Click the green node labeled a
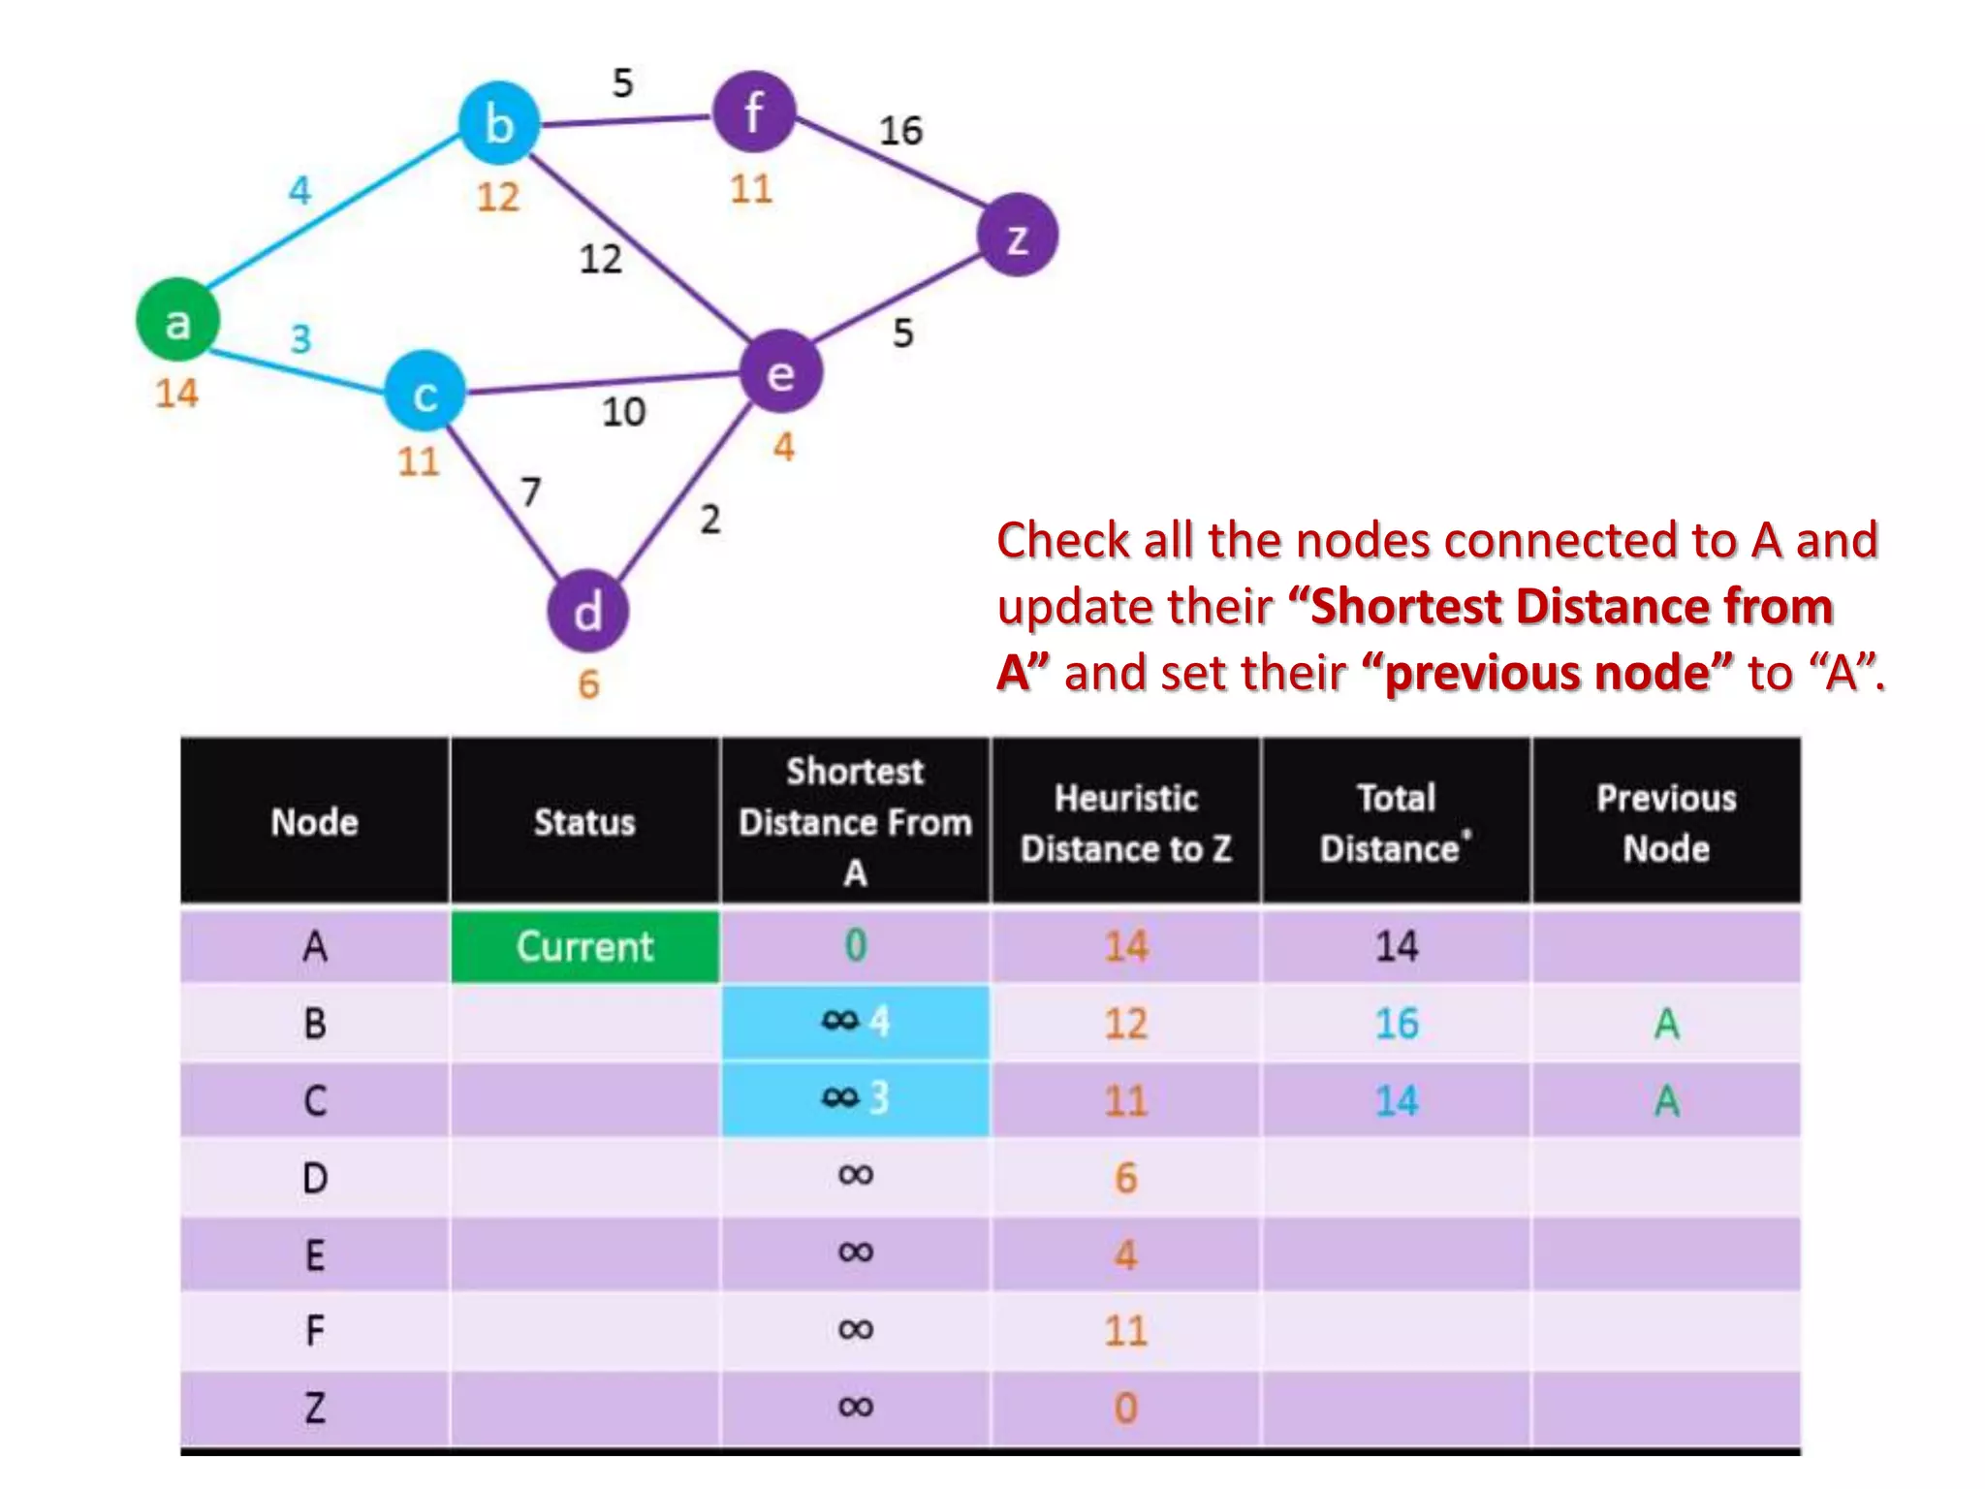tap(177, 320)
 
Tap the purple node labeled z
tap(1017, 236)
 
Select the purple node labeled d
tap(587, 612)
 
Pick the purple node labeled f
tap(754, 111)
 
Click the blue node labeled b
tap(498, 123)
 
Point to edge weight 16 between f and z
tap(900, 131)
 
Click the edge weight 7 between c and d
tap(529, 491)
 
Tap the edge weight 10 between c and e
tap(623, 412)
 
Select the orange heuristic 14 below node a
tap(176, 394)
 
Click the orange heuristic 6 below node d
tap(588, 684)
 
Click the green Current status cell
tap(584, 946)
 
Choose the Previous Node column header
tap(1665, 822)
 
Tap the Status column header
tap(584, 822)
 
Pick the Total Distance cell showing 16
tap(1396, 1024)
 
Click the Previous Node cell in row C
tap(1665, 1100)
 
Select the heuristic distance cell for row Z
tap(1125, 1408)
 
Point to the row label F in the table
tap(314, 1330)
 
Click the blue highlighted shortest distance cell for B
tap(855, 1022)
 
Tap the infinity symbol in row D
tap(855, 1176)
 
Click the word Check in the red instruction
tap(1063, 541)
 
